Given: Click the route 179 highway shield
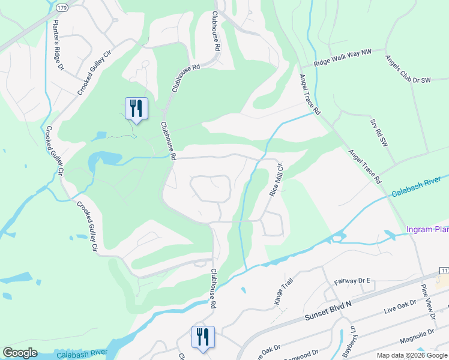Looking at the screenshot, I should (62, 8).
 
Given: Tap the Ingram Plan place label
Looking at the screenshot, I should (427, 229).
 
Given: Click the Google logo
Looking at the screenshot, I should (20, 353).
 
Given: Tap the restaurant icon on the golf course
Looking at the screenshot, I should (136, 109).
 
